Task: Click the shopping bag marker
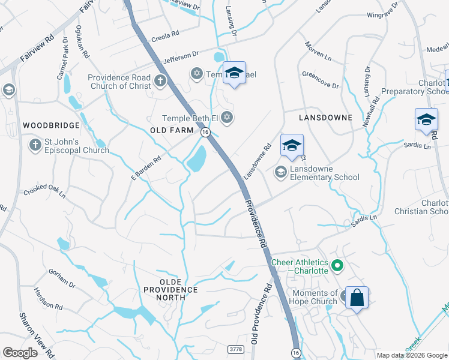(357, 298)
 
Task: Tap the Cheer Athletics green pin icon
(337, 265)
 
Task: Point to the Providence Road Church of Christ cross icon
(160, 80)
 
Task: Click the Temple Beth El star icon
(226, 116)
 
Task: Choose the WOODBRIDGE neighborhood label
(51, 125)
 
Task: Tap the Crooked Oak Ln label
(44, 192)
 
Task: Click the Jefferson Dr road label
(181, 57)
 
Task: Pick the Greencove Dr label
(320, 80)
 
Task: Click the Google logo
(20, 353)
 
